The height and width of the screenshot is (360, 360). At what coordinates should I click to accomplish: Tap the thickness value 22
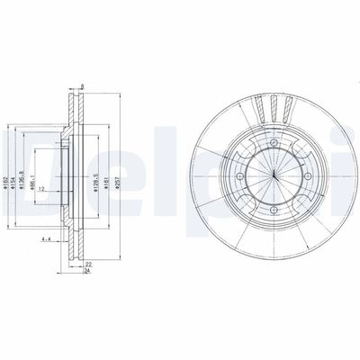click(x=87, y=265)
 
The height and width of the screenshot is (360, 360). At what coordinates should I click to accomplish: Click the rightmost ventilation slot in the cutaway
click(x=288, y=111)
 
